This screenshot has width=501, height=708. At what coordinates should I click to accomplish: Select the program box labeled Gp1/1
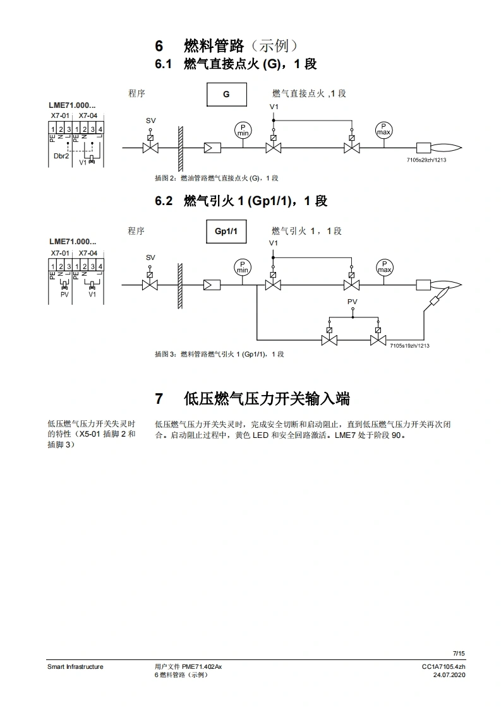coord(226,232)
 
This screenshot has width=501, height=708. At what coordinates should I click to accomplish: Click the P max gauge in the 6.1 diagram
coord(383,130)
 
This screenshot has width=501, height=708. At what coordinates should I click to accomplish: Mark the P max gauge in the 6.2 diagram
coord(384,267)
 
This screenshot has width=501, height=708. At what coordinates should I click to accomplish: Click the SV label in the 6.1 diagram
coord(150,121)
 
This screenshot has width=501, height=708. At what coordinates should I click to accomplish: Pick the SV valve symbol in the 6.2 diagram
coord(150,285)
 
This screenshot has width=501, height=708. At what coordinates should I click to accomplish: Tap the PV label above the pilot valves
coord(352,302)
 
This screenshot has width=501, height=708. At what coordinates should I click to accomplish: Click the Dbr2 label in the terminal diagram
coord(61,156)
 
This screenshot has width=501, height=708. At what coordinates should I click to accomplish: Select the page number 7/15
coord(459,654)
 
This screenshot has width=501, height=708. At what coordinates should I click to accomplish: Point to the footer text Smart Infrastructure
coord(75,666)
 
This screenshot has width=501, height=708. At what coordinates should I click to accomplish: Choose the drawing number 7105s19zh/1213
coord(409,346)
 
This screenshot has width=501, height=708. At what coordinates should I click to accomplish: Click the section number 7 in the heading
coord(159,399)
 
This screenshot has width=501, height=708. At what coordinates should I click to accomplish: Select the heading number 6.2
coord(164,201)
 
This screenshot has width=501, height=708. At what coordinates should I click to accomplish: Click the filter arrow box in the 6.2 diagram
coord(212,285)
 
